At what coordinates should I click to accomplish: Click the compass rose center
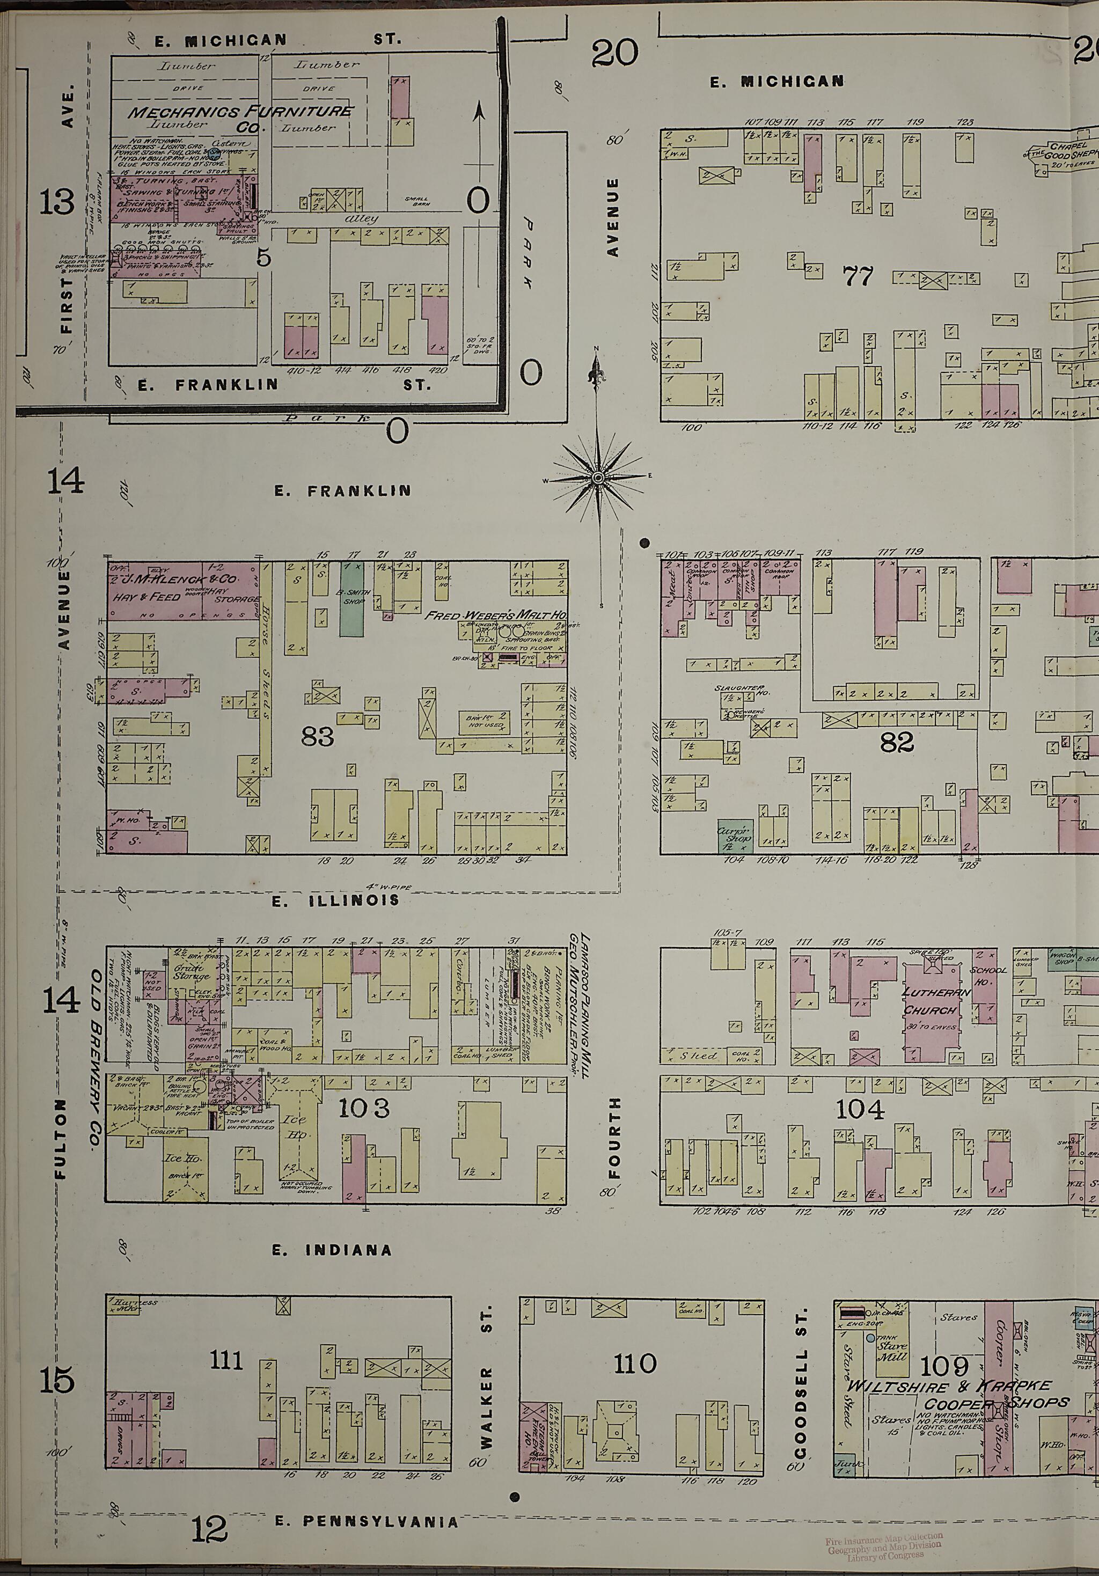(x=598, y=477)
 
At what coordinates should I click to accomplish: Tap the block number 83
(x=317, y=736)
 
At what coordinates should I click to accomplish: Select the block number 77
(x=858, y=277)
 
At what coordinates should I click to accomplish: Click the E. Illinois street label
(x=335, y=900)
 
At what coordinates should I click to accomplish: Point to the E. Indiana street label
(x=332, y=1250)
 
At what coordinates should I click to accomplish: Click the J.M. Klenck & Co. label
(x=184, y=580)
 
